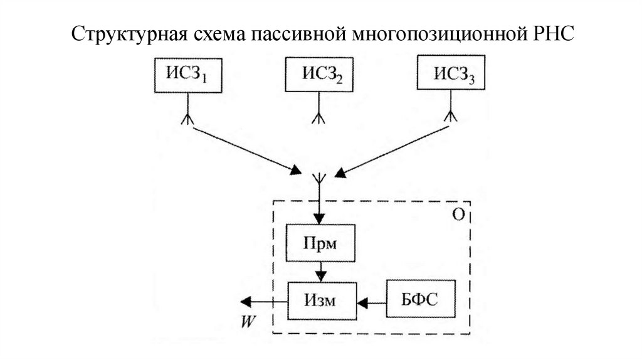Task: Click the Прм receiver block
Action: coord(320,243)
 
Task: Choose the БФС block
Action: coord(419,300)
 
